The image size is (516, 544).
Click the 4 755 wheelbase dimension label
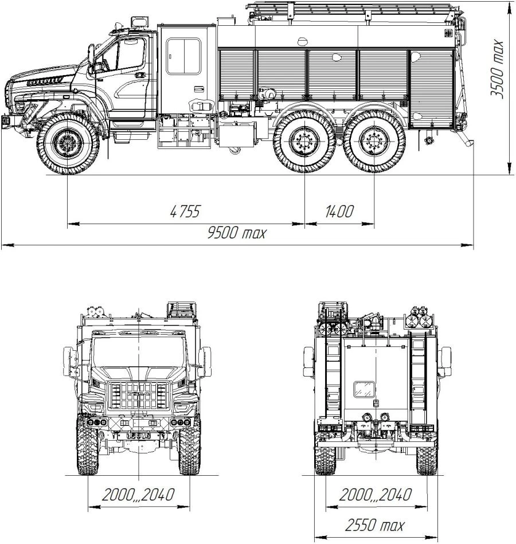point(185,212)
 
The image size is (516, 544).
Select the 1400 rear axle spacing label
point(339,212)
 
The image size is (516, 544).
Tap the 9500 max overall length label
point(237,232)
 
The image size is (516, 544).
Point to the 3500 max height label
point(497,69)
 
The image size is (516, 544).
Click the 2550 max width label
point(375,525)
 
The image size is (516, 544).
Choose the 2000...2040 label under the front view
point(138,494)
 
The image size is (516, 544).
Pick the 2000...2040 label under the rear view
point(375,494)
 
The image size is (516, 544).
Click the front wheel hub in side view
point(68,143)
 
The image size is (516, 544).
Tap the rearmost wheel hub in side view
point(374,142)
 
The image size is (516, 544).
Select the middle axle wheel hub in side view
point(304,142)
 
